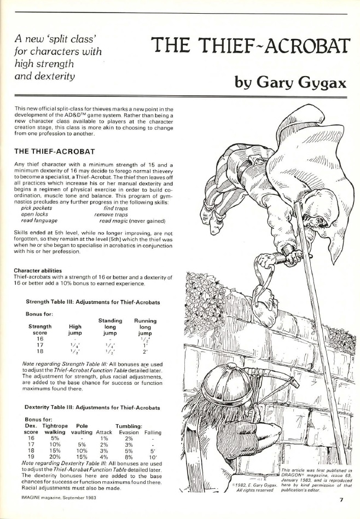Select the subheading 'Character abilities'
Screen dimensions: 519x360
pos(38,270)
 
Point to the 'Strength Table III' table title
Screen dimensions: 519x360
pos(93,302)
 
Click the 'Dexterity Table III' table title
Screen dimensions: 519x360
pos(93,408)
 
